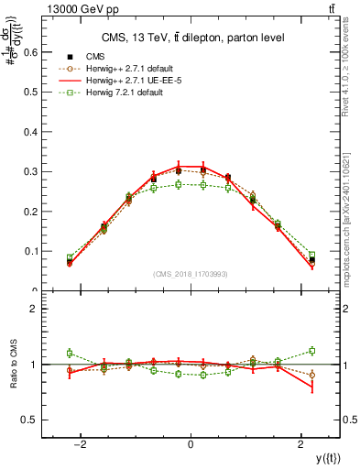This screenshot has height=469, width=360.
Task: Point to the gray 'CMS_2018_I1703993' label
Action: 191,274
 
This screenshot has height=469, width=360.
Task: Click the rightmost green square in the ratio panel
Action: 311,350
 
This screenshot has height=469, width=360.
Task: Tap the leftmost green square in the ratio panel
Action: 70,353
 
